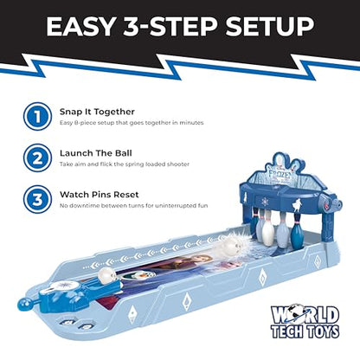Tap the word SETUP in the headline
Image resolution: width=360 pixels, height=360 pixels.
tap(270, 26)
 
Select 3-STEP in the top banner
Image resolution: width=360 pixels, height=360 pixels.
tap(170, 26)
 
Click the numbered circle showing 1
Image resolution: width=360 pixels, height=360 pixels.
tap(37, 117)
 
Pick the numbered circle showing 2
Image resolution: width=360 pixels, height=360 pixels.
tap(37, 158)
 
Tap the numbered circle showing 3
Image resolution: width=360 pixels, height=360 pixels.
tap(37, 200)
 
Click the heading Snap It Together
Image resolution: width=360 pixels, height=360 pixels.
tap(97, 112)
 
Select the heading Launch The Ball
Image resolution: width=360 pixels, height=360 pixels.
tap(96, 153)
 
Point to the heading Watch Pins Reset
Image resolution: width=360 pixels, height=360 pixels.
tap(100, 195)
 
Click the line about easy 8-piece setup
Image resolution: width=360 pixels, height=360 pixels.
tap(132, 123)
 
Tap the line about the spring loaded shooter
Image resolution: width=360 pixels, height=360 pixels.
tap(125, 164)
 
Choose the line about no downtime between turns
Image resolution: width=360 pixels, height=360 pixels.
tap(133, 206)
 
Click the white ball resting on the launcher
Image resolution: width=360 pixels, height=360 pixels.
tap(105, 275)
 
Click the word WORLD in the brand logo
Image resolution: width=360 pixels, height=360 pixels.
tap(305, 315)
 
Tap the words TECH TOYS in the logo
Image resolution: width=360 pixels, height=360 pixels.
tap(305, 331)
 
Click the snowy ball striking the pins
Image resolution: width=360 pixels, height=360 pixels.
tap(233, 247)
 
